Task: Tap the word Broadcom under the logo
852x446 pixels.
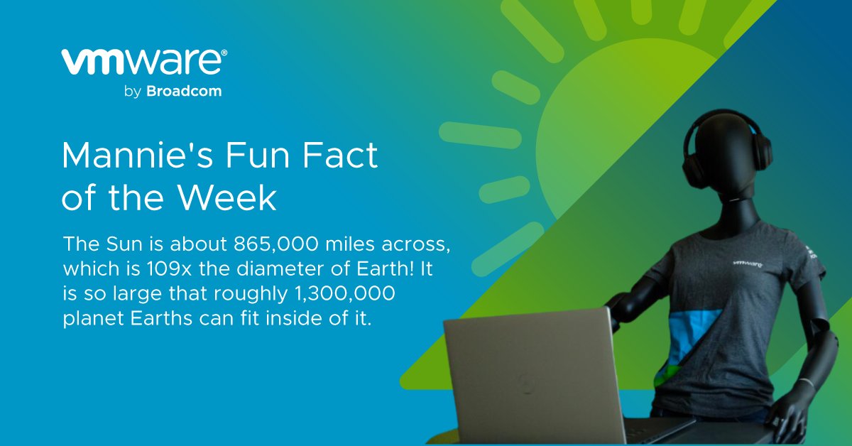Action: (x=184, y=92)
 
